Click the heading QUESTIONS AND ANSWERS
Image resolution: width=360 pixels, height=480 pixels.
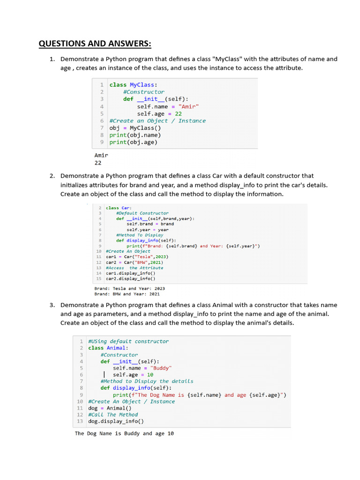pyautogui.click(x=95, y=44)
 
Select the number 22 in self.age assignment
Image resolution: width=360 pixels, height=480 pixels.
pyautogui.click(x=178, y=113)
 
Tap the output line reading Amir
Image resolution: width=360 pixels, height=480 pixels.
pyautogui.click(x=101, y=155)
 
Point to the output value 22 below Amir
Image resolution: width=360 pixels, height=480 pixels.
pyautogui.click(x=98, y=163)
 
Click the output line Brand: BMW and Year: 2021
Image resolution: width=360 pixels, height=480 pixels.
pyautogui.click(x=127, y=294)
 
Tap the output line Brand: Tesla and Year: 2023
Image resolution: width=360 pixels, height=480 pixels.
pyautogui.click(x=129, y=288)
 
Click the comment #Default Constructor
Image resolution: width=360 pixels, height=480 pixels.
pyautogui.click(x=142, y=213)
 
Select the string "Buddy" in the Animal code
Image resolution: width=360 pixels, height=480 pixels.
pyautogui.click(x=161, y=368)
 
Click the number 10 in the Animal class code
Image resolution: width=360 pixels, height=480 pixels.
pyautogui.click(x=150, y=375)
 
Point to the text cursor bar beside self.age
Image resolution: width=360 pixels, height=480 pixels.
pyautogui.click(x=104, y=375)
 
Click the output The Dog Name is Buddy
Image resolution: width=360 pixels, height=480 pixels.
pyautogui.click(x=124, y=434)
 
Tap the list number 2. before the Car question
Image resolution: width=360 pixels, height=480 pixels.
pyautogui.click(x=52, y=176)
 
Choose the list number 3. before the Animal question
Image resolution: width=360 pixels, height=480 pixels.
pyautogui.click(x=52, y=305)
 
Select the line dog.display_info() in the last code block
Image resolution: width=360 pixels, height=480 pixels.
pyautogui.click(x=116, y=421)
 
